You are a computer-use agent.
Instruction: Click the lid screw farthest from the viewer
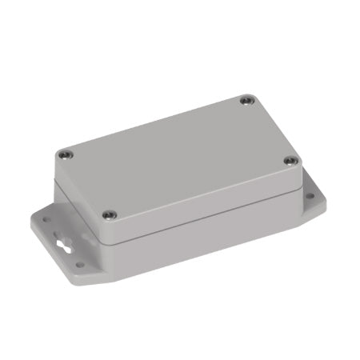(x=246, y=101)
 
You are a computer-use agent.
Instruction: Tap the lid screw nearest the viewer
(x=110, y=214)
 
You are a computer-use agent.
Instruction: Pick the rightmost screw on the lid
(x=290, y=161)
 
